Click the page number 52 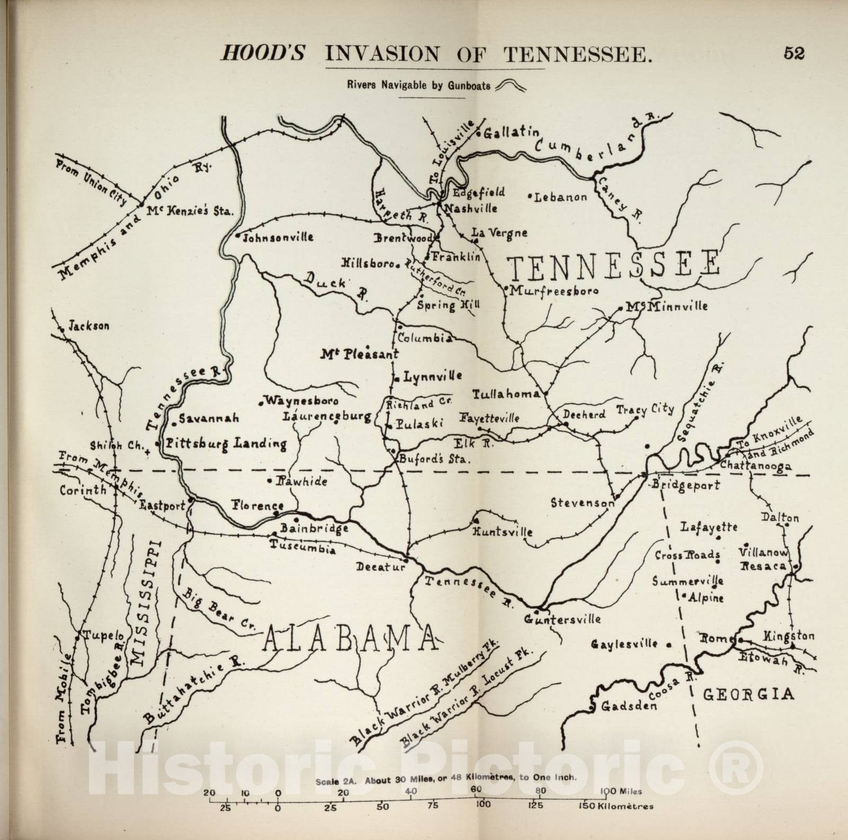click(x=793, y=54)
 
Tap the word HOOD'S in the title click(x=262, y=55)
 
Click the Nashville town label click(x=471, y=208)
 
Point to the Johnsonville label click(x=278, y=238)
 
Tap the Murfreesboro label click(x=554, y=291)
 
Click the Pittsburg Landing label click(x=226, y=443)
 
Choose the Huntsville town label click(x=502, y=531)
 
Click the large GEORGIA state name click(x=748, y=694)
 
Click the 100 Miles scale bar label click(x=622, y=792)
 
